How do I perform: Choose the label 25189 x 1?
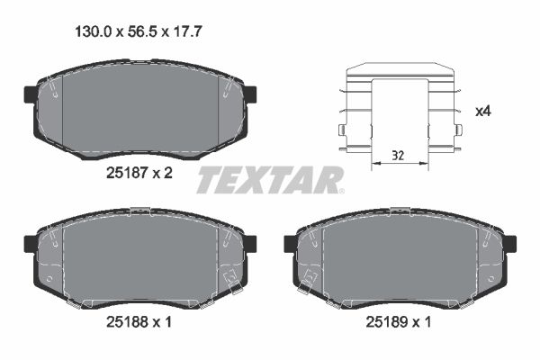398,319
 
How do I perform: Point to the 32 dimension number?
399,157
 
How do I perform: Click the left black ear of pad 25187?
30,94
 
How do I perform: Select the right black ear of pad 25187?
250,94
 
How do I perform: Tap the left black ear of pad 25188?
30,243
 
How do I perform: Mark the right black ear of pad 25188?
250,243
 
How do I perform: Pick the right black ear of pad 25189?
509,243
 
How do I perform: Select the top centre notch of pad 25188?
139,211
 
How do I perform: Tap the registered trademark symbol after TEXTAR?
340,191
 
